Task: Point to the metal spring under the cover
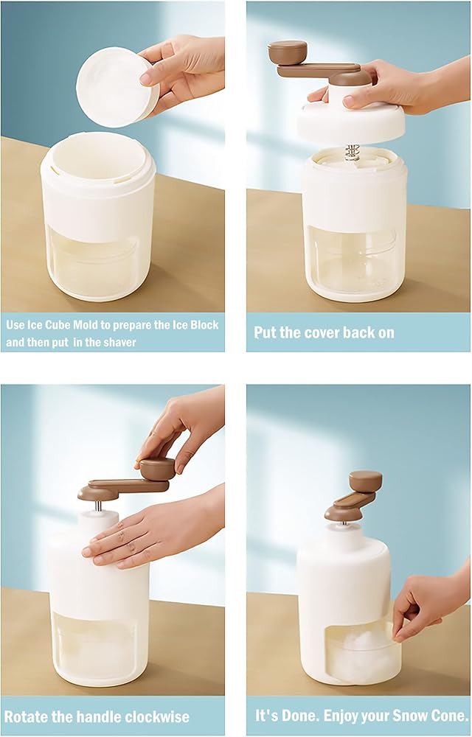[x=352, y=152]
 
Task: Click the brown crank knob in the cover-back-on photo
[x=287, y=52]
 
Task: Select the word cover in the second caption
[x=310, y=332]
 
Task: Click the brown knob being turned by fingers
[x=157, y=469]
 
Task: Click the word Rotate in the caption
[x=27, y=717]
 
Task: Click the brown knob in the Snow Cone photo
[x=365, y=481]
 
